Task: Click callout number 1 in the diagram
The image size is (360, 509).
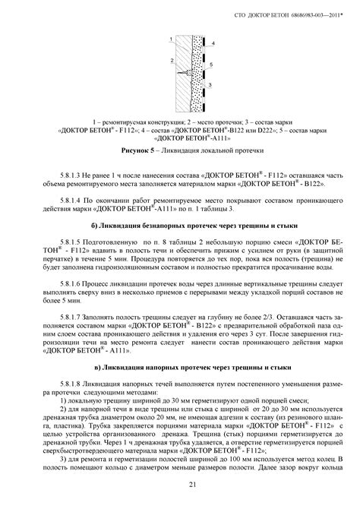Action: [x=172, y=38]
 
